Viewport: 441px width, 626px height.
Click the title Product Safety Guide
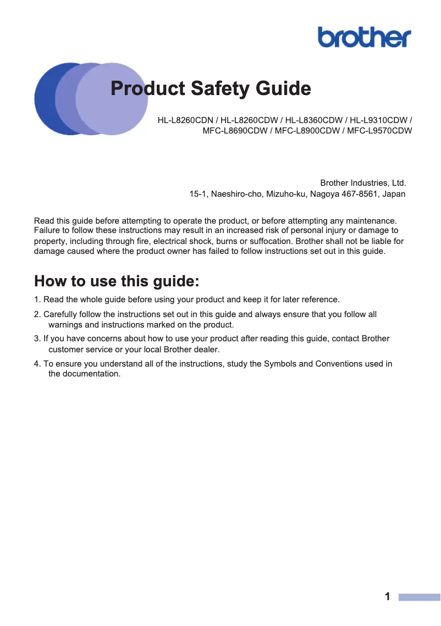(211, 88)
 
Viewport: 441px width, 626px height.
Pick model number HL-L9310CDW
(380, 120)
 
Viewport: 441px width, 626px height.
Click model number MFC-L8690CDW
(235, 131)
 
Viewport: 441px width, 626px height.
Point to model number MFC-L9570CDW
(379, 131)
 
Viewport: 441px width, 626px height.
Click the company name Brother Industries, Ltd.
(363, 182)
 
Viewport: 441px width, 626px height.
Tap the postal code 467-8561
(352, 194)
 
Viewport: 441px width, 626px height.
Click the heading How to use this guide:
(117, 281)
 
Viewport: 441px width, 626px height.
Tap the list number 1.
(37, 300)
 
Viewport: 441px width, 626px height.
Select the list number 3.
(37, 339)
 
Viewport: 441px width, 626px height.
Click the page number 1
(388, 597)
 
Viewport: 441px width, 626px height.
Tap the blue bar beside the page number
(419, 597)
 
